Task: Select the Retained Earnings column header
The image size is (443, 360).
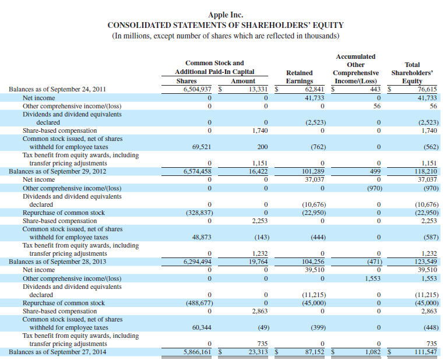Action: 300,77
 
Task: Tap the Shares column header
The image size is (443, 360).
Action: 187,81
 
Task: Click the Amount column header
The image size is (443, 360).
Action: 243,81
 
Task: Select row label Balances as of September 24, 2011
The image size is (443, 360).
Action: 57,90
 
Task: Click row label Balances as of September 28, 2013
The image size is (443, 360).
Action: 57,262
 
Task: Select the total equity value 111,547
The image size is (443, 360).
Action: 424,352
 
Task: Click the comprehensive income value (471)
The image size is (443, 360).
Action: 371,262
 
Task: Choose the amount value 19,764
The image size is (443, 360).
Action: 256,262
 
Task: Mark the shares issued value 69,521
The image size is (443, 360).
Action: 199,147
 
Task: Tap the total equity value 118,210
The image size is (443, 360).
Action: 424,172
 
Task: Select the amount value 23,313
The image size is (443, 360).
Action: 256,352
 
